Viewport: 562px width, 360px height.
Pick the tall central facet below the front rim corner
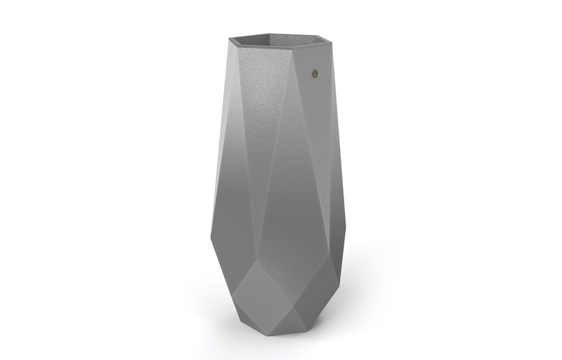(x=285, y=176)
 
